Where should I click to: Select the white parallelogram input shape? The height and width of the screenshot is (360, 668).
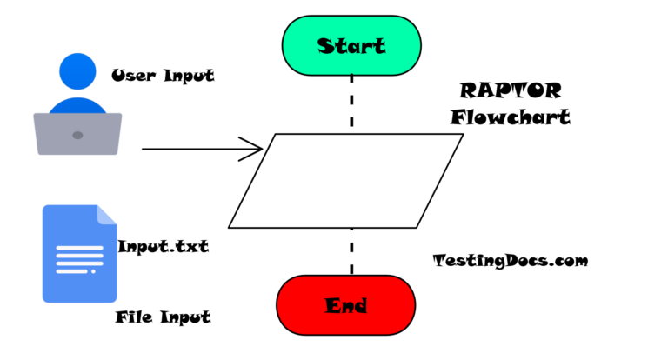[345, 181]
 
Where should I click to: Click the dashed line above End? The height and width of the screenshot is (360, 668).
[351, 252]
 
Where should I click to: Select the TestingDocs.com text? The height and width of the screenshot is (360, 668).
[510, 260]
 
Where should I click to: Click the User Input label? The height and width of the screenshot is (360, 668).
[163, 76]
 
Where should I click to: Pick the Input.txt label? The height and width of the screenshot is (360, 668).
[163, 246]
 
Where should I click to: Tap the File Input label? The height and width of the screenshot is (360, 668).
[163, 317]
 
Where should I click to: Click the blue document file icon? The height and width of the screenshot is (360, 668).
[79, 253]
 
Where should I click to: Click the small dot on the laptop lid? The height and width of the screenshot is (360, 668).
[77, 135]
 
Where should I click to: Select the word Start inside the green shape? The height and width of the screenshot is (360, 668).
[351, 45]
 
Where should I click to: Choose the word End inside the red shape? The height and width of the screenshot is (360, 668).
[346, 305]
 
